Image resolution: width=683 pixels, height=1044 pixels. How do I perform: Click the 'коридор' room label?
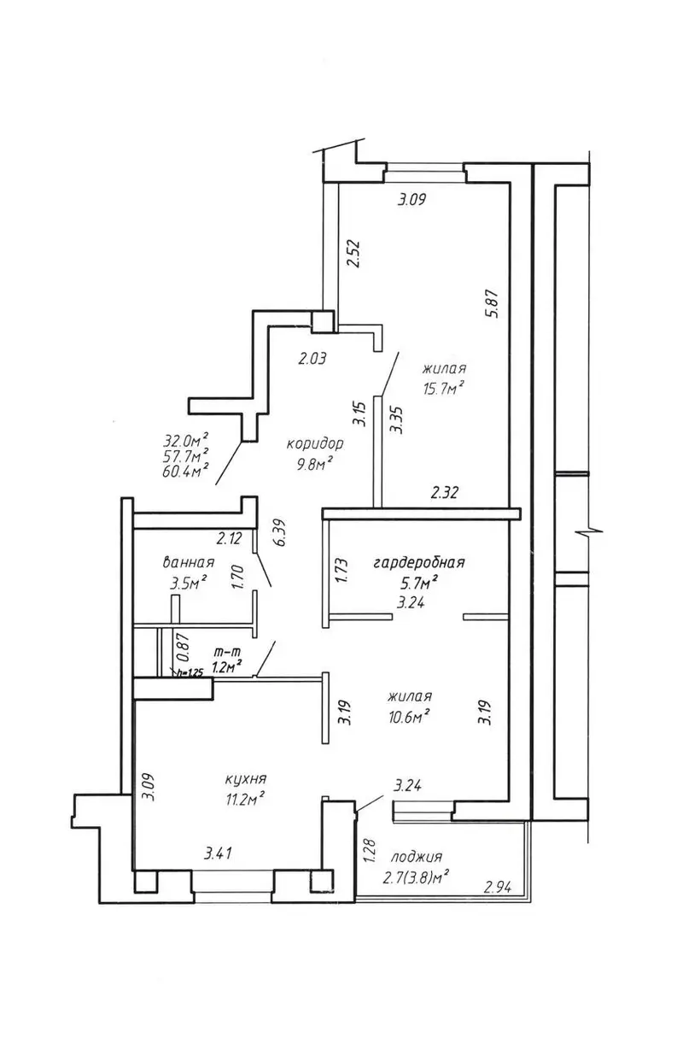click(314, 443)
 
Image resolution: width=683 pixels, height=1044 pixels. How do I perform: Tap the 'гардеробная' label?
click(419, 562)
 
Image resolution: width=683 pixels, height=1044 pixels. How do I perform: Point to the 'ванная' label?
click(188, 562)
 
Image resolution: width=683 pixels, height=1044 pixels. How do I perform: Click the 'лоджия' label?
click(417, 857)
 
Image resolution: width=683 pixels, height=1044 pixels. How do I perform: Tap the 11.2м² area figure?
click(245, 800)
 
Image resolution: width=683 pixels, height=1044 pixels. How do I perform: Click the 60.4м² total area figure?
click(185, 471)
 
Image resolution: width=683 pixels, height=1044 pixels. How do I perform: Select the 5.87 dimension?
click(493, 304)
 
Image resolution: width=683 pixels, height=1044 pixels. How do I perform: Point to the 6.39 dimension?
click(283, 533)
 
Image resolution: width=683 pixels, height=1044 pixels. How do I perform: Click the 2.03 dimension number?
click(312, 359)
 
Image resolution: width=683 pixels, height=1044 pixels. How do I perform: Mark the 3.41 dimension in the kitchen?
click(218, 853)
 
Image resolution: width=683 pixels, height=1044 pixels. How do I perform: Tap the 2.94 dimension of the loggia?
click(498, 888)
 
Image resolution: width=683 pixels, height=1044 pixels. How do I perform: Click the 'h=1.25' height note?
click(190, 672)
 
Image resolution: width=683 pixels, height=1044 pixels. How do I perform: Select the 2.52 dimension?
click(354, 253)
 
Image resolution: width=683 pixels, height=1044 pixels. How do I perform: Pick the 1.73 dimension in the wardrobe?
click(341, 572)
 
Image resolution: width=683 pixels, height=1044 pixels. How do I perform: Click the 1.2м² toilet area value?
click(226, 666)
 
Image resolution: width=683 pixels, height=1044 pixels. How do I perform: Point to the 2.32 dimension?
click(445, 493)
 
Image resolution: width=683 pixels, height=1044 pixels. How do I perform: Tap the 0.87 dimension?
click(183, 647)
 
